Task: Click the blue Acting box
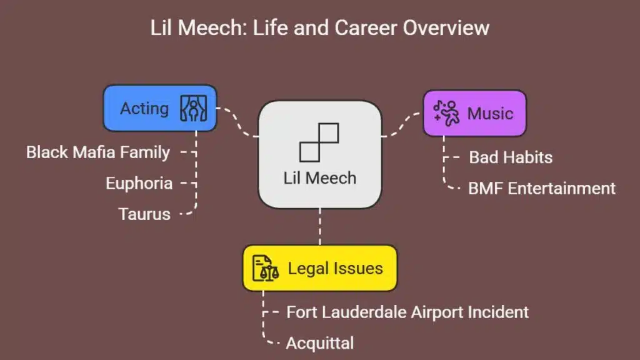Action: (159, 108)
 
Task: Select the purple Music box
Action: (474, 113)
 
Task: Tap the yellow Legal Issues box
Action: (319, 268)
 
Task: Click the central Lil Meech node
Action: (319, 154)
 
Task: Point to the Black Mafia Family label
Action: (98, 152)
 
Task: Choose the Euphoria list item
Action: (139, 183)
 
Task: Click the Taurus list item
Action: (144, 214)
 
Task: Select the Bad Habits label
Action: (511, 157)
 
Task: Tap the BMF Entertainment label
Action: (542, 188)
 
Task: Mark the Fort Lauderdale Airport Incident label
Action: (407, 311)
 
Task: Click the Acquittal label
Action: (320, 342)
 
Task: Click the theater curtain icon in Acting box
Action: (192, 108)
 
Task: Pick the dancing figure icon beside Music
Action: (447, 113)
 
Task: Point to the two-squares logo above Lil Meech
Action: (319, 142)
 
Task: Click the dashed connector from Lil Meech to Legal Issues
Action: (320, 226)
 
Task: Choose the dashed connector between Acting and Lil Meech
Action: (238, 122)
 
